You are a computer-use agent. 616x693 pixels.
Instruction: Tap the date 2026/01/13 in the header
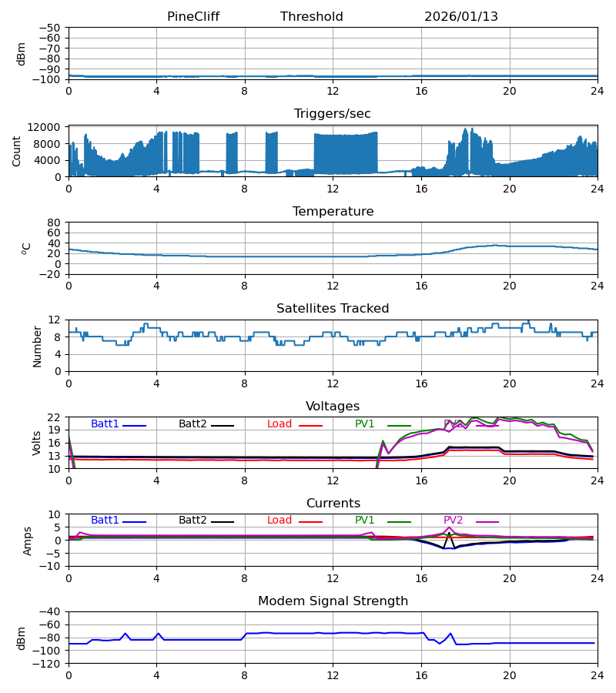tap(460, 17)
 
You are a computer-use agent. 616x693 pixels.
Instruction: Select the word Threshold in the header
tap(311, 17)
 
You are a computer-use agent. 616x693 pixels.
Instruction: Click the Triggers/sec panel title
tap(332, 114)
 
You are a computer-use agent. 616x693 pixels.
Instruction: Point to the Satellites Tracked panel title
tap(332, 309)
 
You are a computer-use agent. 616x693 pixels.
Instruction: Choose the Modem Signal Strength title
tap(332, 601)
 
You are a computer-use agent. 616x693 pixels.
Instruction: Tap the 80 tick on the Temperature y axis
tap(54, 223)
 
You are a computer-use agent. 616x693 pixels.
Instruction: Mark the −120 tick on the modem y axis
tap(48, 663)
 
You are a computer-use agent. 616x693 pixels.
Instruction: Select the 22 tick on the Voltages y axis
tap(54, 417)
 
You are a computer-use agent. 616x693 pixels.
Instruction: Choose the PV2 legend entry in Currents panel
tap(454, 521)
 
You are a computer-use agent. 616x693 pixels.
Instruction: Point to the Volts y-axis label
tap(37, 443)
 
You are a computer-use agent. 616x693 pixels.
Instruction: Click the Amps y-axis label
tap(28, 541)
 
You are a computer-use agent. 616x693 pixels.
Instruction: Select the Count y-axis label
tap(17, 151)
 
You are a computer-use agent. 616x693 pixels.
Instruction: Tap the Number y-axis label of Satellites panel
tap(37, 346)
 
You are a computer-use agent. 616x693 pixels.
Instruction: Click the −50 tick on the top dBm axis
tap(51, 28)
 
